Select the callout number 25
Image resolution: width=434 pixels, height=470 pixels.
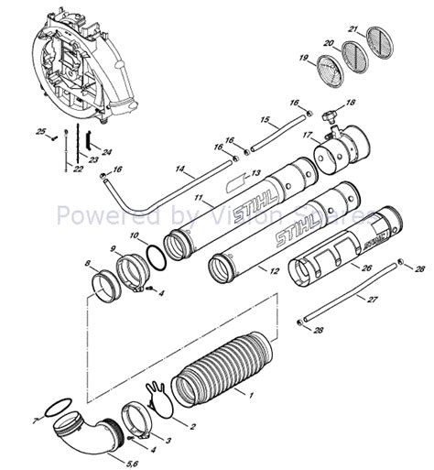click(x=40, y=133)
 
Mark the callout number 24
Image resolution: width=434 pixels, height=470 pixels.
click(x=107, y=151)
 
